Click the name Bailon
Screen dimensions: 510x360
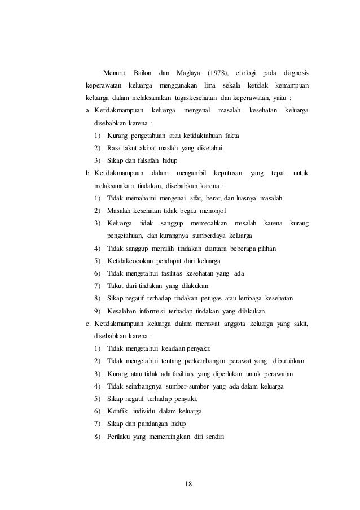(x=142, y=74)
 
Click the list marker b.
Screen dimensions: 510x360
(x=89, y=173)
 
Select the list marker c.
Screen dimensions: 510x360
(x=89, y=323)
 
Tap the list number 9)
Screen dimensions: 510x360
(x=98, y=311)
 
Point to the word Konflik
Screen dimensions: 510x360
(x=118, y=410)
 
